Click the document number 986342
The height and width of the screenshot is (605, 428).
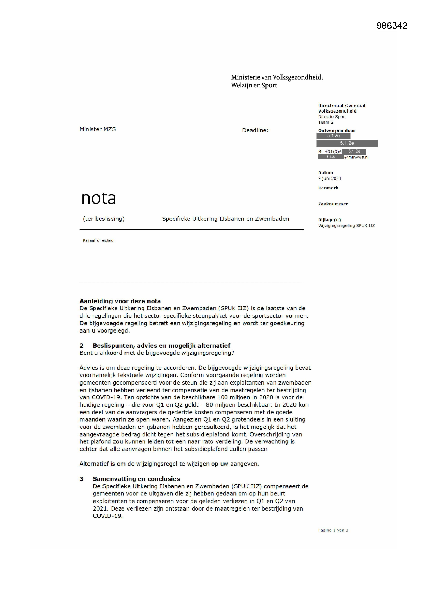[x=392, y=26]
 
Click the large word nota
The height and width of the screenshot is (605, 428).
[x=99, y=198]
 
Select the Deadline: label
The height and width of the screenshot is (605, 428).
[x=255, y=130]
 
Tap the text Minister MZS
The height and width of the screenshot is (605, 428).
[x=98, y=129]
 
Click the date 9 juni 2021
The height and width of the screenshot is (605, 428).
[x=329, y=178]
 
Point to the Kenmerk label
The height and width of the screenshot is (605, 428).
[x=328, y=188]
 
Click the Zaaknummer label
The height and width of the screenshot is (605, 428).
[x=333, y=204]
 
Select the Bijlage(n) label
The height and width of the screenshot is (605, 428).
[x=329, y=220]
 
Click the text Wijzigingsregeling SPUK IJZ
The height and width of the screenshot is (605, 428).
[x=346, y=226]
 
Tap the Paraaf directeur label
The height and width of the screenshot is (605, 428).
[x=99, y=240]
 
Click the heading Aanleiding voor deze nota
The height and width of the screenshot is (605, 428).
[x=120, y=301]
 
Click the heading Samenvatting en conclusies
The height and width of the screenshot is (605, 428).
[x=136, y=479]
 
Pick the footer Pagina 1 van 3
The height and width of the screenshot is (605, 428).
[x=333, y=530]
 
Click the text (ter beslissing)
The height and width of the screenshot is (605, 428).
[x=104, y=219]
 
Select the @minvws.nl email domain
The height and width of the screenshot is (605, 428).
[x=357, y=157]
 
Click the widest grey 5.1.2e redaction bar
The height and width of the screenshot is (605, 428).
[x=347, y=143]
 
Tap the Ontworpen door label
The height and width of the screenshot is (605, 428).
[x=337, y=130]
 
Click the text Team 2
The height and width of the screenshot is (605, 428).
[x=326, y=122]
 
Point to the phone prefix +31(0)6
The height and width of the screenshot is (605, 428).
[x=333, y=152]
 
